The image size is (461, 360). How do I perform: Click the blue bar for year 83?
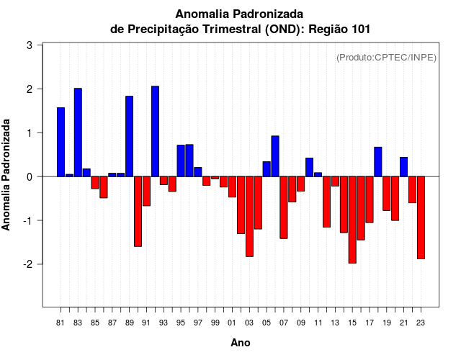click(x=78, y=132)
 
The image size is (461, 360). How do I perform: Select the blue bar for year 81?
click(x=61, y=142)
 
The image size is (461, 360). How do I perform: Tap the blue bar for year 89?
click(x=129, y=136)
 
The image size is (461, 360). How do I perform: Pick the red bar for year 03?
click(x=249, y=216)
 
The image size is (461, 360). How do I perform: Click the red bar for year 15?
click(x=352, y=220)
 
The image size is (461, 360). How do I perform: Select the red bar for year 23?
click(x=421, y=217)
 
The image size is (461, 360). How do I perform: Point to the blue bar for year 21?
click(x=403, y=167)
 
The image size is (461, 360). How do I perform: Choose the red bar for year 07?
click(x=284, y=207)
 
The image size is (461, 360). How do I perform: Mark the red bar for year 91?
click(x=146, y=191)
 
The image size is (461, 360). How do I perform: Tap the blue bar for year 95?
click(x=181, y=161)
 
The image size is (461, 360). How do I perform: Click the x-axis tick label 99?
click(x=215, y=323)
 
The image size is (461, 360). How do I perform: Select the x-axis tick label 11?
click(x=318, y=323)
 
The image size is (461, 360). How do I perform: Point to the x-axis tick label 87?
click(x=112, y=323)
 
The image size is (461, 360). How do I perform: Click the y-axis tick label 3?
click(x=30, y=45)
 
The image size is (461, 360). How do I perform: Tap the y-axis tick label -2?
click(x=27, y=264)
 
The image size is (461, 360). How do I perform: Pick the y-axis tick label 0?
click(x=30, y=176)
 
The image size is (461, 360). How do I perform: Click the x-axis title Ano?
click(x=241, y=343)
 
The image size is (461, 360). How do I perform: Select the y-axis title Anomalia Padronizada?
click(x=7, y=175)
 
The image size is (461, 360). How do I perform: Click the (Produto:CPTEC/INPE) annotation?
click(x=387, y=58)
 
